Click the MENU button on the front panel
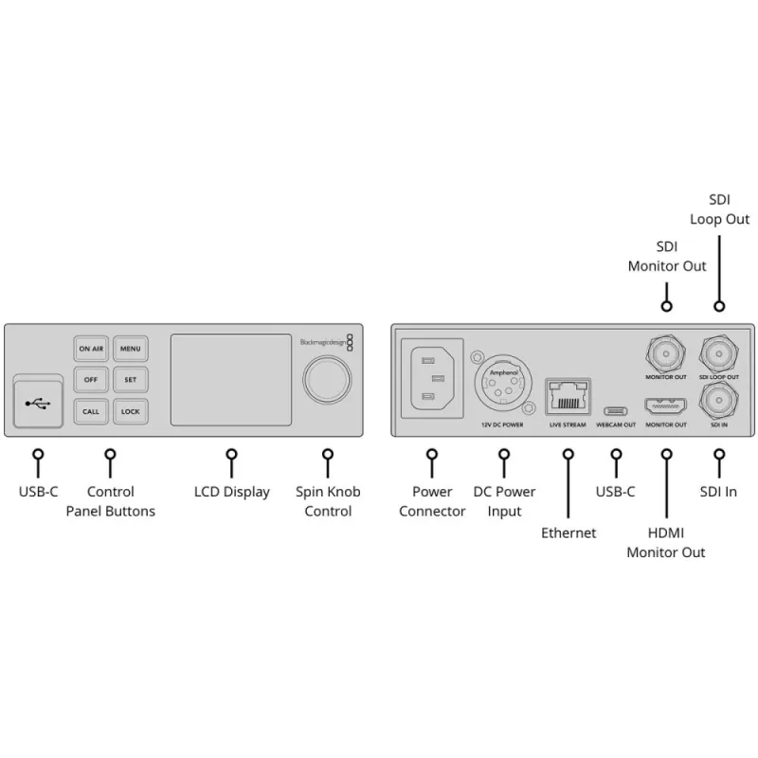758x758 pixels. point(131,349)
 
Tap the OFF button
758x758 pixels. point(91,380)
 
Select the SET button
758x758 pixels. point(131,380)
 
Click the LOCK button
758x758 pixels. point(131,411)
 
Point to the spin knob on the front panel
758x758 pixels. point(327,380)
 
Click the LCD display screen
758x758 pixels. point(231,380)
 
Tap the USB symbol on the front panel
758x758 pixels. point(38,404)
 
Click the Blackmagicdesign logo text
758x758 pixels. point(323,342)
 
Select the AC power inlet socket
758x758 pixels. point(433,378)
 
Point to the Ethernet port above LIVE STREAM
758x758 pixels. point(568,396)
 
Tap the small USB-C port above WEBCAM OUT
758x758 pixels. point(615,411)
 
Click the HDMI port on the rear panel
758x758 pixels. point(666,406)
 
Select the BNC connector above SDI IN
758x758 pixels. point(719,400)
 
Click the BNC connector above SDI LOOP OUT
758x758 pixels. point(719,353)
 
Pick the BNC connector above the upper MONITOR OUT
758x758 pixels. point(666,353)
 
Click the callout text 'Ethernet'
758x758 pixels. point(568,532)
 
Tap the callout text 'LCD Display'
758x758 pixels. point(232,492)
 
